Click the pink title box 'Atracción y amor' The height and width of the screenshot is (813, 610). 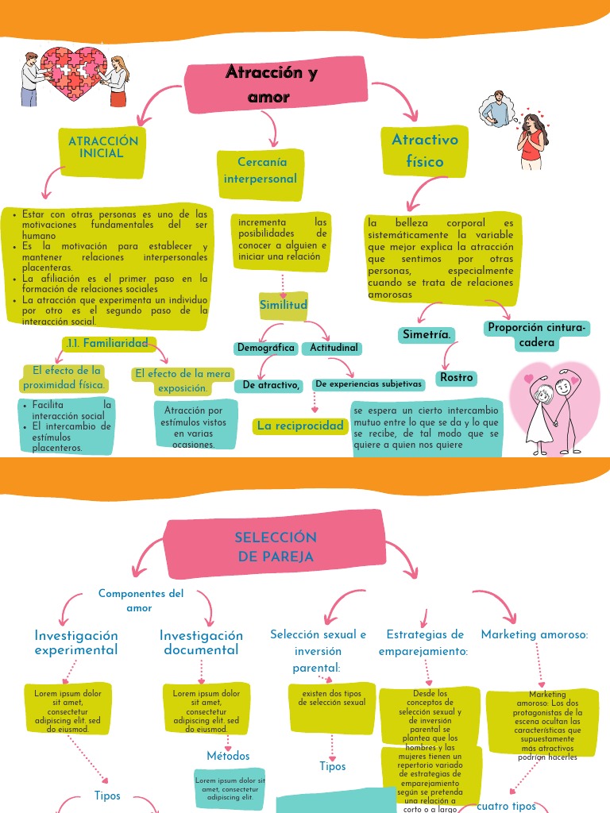[270, 85]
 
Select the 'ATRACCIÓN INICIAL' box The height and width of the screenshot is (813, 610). [103, 147]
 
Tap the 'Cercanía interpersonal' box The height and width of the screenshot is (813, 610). [261, 171]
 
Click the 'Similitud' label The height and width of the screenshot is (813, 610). [284, 306]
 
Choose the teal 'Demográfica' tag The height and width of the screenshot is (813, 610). [266, 348]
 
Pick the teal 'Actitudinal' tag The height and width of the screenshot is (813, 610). [334, 348]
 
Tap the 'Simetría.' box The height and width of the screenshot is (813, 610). [427, 335]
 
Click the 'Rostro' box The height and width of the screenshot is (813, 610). [457, 378]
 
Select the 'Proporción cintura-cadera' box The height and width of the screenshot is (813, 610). [537, 335]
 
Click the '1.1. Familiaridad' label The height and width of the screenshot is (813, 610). [107, 343]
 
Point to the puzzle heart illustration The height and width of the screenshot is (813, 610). [73, 75]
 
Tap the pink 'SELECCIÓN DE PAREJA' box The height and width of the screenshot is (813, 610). [276, 547]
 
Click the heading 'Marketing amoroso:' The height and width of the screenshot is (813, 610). [535, 634]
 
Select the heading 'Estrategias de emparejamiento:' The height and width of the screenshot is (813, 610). [427, 642]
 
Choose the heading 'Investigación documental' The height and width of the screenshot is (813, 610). [201, 642]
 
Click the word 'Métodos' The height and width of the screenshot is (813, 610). [228, 756]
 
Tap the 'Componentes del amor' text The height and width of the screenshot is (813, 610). [141, 600]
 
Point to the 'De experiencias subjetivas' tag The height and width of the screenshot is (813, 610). [368, 384]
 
